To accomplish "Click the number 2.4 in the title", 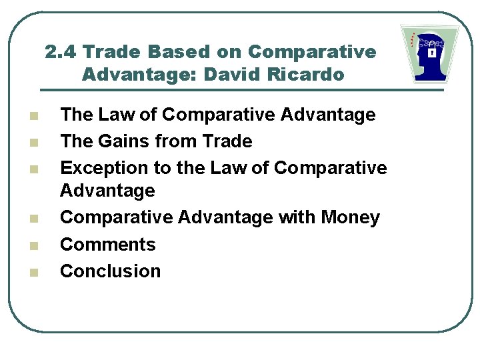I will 63,52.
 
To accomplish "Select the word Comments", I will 108,244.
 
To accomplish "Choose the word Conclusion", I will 111,271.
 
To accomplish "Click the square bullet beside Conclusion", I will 34,272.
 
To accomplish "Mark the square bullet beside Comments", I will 34,245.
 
